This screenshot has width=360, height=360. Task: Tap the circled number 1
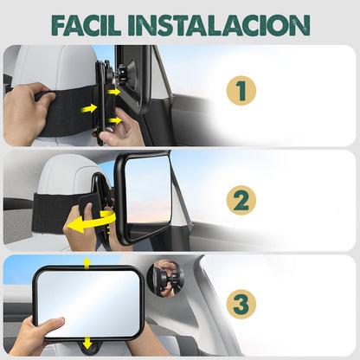[x=241, y=91]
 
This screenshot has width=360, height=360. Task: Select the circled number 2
[x=241, y=201]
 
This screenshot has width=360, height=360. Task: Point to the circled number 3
[x=241, y=305]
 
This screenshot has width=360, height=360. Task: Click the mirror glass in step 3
[x=90, y=302]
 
